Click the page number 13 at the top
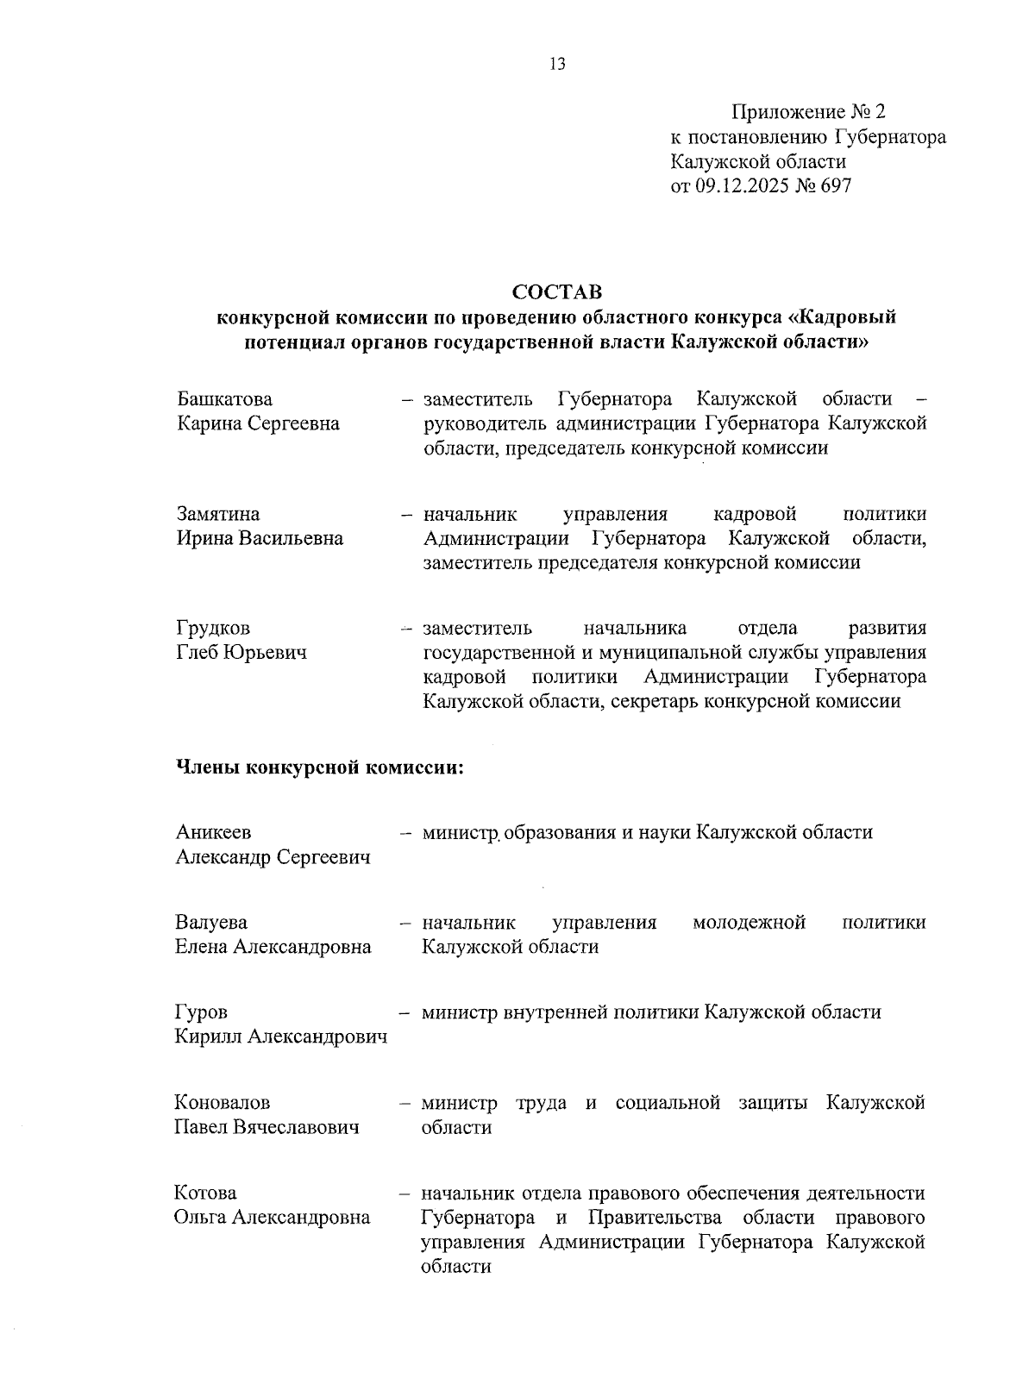pos(556,64)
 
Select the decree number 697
pos(835,185)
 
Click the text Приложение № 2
pos(808,113)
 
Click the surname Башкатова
pos(224,399)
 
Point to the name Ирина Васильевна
pos(260,539)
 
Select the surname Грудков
pos(214,629)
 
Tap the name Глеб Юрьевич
pos(241,654)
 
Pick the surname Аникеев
pos(214,833)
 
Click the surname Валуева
pos(211,923)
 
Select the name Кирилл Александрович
pos(281,1037)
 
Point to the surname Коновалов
pos(223,1103)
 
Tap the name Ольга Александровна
pos(273,1218)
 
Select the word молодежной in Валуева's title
pos(749,923)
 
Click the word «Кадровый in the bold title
pos(842,317)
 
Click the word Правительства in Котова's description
pos(660,1218)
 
